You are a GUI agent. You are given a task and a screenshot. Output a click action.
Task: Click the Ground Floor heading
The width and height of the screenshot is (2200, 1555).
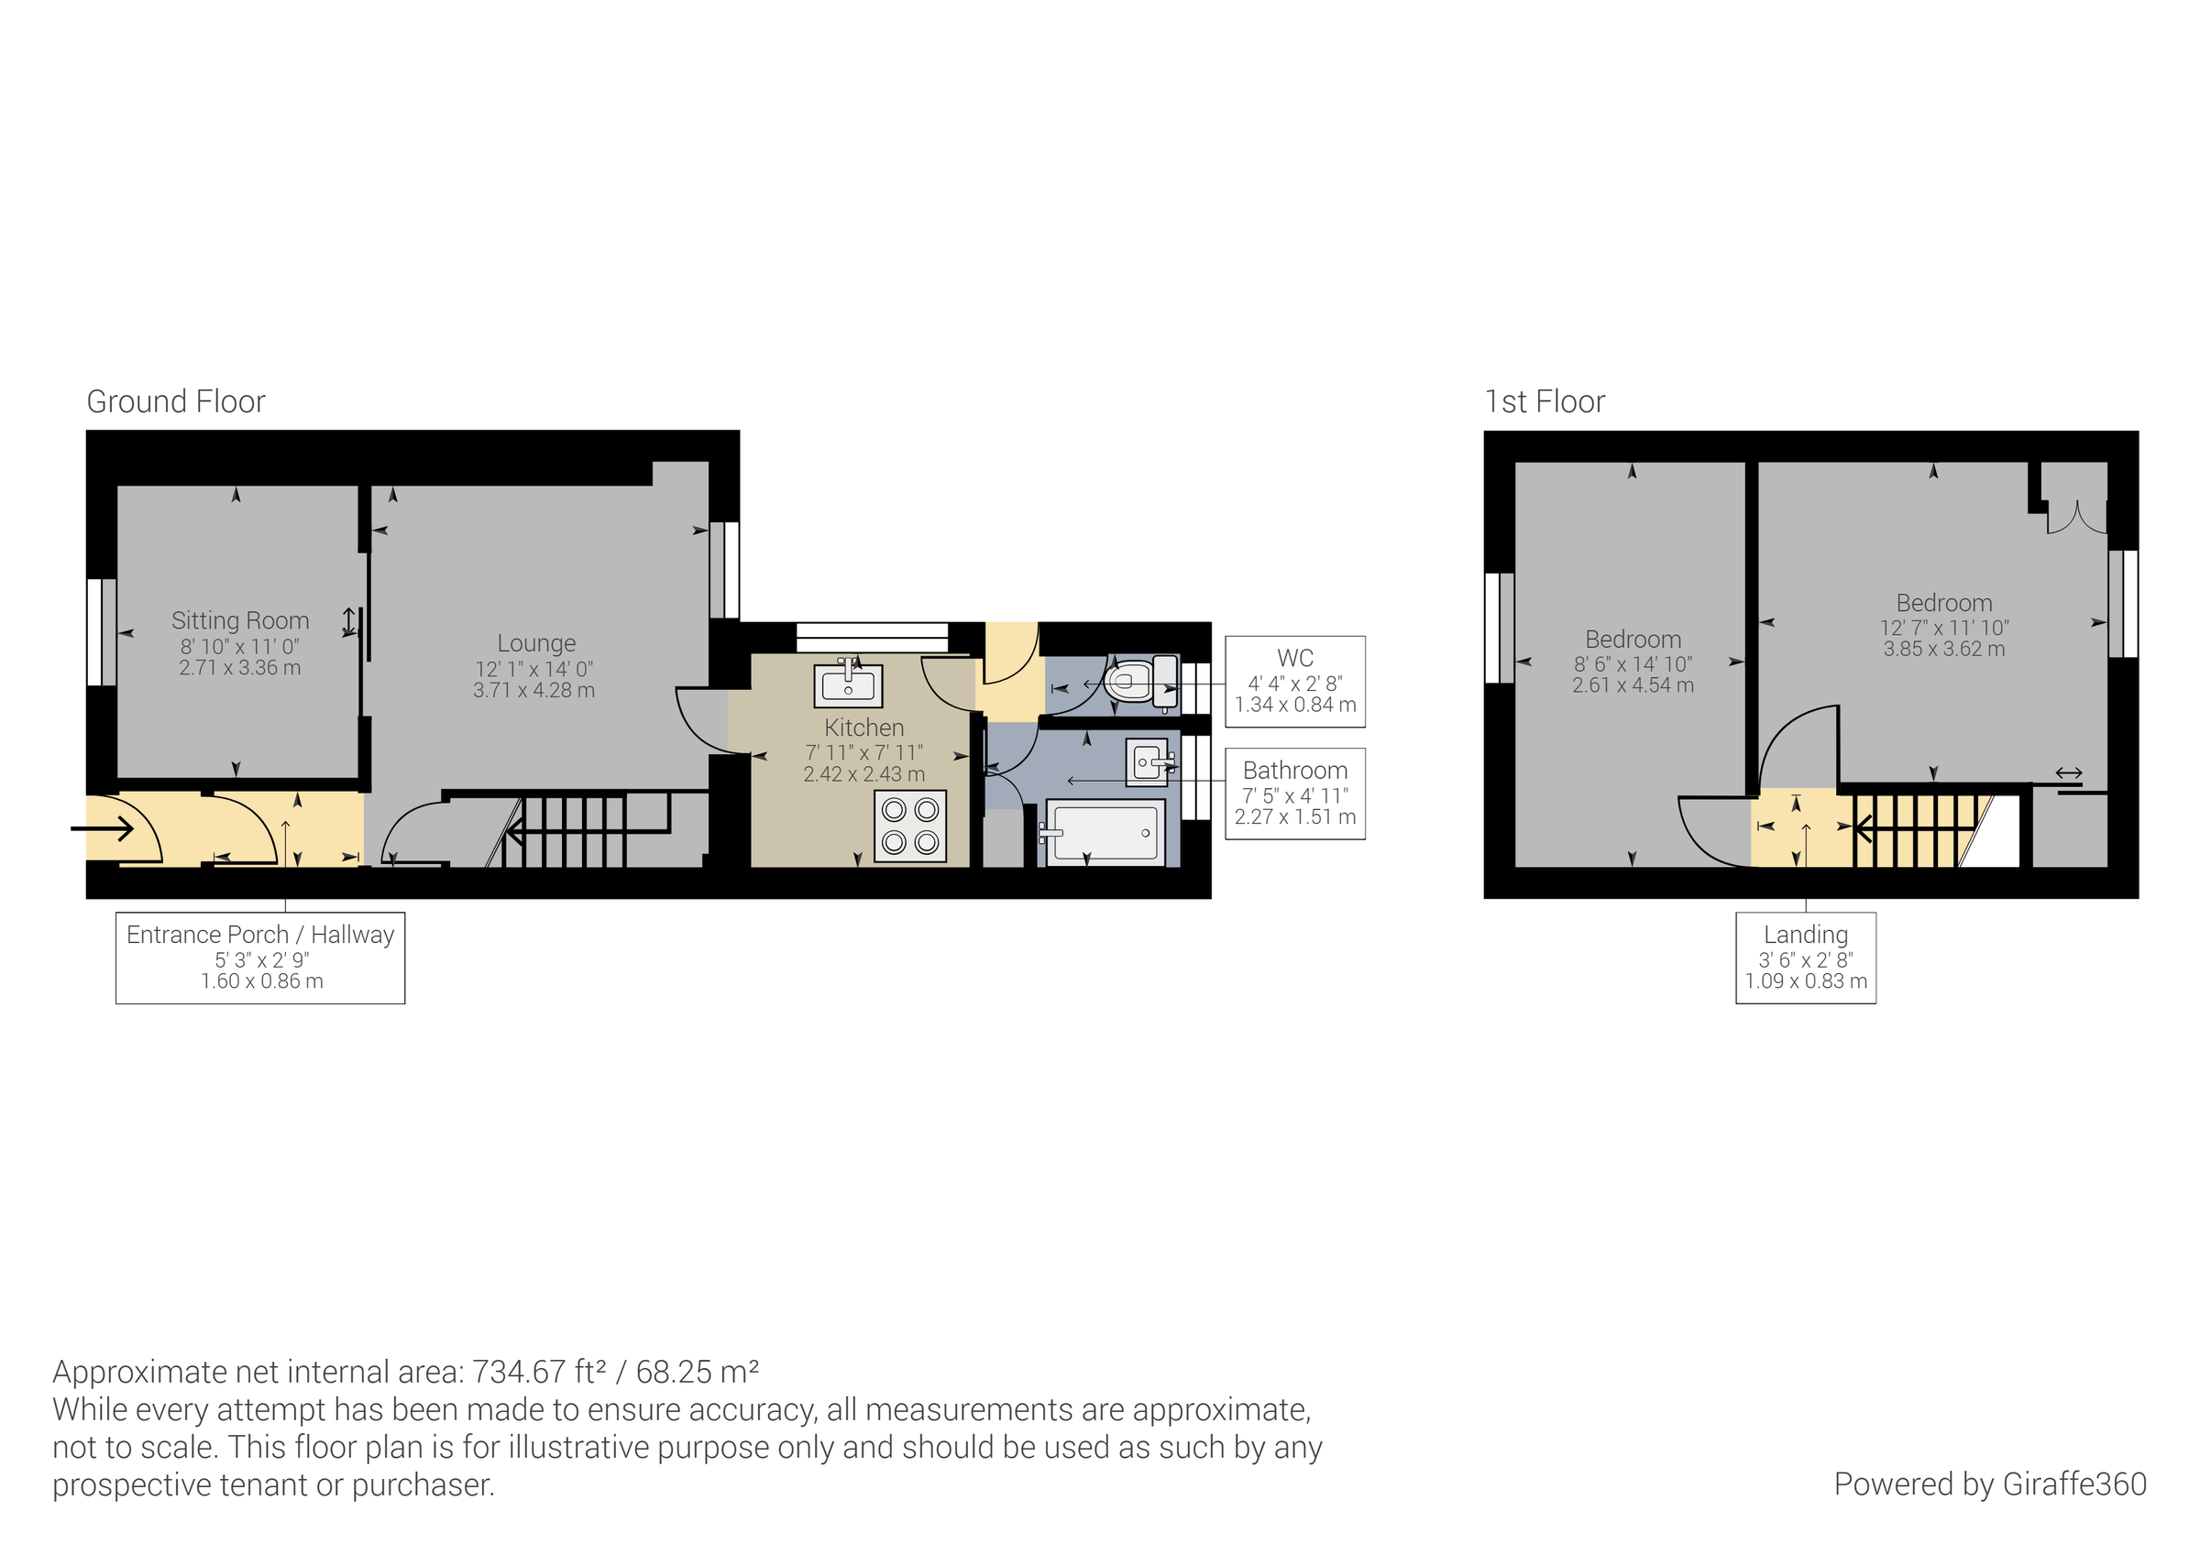[175, 401]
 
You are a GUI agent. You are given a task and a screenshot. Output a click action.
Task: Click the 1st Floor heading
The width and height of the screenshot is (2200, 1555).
[1544, 401]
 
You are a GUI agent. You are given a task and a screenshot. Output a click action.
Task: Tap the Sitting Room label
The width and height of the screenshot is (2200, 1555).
[239, 621]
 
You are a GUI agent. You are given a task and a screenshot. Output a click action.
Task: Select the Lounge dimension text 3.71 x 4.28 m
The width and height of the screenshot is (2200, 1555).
[533, 691]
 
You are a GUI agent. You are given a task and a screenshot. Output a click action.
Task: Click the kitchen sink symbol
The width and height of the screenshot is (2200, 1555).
[848, 684]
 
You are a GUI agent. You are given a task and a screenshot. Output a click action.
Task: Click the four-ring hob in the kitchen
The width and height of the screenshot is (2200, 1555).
[909, 826]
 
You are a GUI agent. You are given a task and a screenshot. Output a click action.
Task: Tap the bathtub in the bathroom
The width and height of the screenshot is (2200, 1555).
[1104, 834]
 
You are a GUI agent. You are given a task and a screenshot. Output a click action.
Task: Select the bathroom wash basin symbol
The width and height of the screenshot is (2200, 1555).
[1148, 762]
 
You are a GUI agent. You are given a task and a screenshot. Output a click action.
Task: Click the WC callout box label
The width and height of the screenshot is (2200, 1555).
[1294, 658]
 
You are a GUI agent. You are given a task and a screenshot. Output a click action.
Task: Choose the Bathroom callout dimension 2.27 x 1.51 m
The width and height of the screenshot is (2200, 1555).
[1294, 817]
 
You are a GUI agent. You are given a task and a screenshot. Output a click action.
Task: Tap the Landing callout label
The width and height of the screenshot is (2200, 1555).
[1805, 934]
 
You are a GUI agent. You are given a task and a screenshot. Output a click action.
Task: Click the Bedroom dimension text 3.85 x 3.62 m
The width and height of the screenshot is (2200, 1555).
[1943, 649]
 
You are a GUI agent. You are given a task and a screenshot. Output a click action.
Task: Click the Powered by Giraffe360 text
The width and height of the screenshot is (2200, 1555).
[1989, 1484]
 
